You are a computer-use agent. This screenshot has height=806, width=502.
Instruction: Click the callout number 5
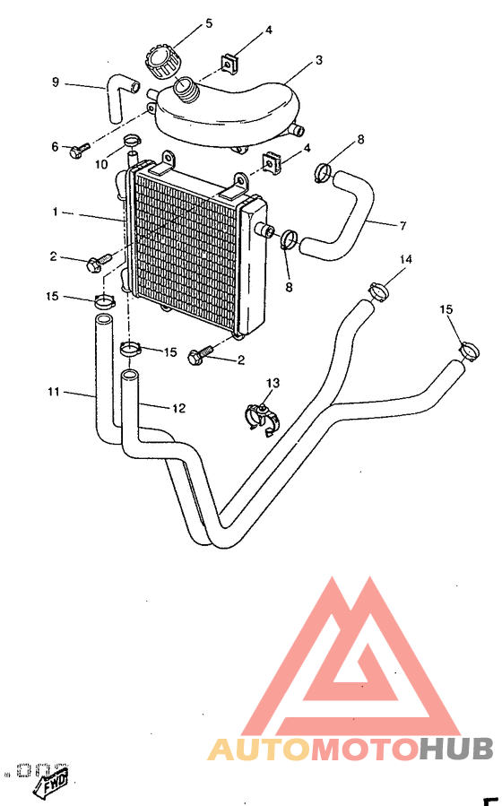tap(209, 22)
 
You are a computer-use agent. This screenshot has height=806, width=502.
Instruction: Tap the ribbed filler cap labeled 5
tap(162, 62)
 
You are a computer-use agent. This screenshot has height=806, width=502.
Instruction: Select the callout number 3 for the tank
tap(318, 62)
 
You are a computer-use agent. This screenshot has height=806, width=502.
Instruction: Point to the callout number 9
tap(56, 82)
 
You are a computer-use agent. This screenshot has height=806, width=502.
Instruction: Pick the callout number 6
tap(55, 146)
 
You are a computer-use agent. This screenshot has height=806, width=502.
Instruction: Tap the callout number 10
tap(101, 164)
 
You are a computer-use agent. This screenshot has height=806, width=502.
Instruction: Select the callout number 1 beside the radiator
tap(55, 212)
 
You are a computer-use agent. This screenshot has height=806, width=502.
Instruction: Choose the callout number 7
tap(402, 225)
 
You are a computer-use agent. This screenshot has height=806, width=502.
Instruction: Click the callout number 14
tap(406, 260)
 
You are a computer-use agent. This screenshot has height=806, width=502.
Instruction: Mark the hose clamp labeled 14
tap(380, 290)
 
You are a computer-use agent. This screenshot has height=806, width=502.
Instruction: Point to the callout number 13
tap(273, 383)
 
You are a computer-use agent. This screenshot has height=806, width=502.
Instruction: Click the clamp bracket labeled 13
tap(262, 417)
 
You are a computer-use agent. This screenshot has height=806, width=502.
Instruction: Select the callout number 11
tap(53, 392)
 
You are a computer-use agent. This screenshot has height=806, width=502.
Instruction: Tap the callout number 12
tap(178, 409)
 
